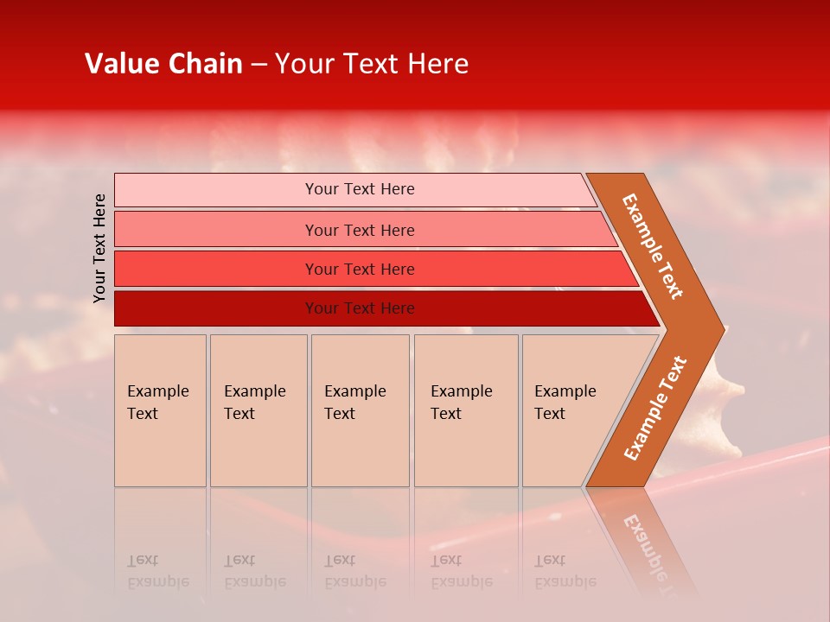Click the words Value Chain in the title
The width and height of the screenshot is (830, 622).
coord(163,64)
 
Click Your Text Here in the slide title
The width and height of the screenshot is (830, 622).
coord(372,64)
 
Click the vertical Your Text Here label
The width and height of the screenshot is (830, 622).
coord(99,248)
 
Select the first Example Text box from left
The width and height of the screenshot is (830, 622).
coord(160,410)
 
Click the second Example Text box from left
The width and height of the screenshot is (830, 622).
coord(258,410)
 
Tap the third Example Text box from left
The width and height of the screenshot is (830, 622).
coord(360,410)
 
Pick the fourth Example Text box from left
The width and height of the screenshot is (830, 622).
coord(465,410)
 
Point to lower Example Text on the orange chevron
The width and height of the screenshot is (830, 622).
coord(655,408)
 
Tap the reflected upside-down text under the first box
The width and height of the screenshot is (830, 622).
coord(157,572)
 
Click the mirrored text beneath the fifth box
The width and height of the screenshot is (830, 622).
coord(565,572)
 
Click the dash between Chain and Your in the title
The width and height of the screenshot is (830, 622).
coord(259,65)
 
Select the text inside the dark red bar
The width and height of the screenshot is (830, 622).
coord(360,308)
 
